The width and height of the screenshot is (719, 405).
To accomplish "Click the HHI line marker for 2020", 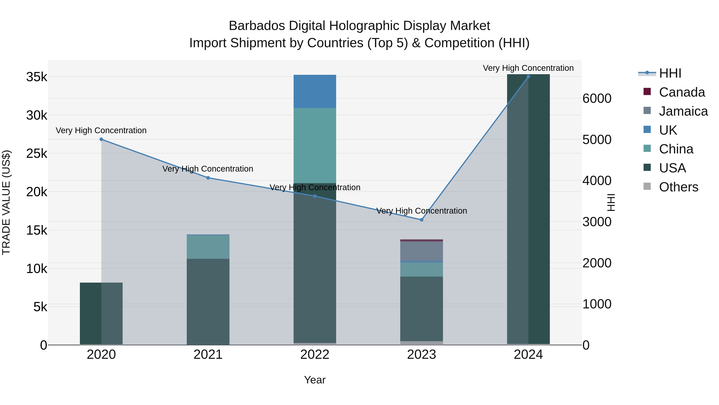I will click(101, 139).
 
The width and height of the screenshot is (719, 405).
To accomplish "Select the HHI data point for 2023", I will click(421, 220).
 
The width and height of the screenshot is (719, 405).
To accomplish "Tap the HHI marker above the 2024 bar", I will click(528, 77).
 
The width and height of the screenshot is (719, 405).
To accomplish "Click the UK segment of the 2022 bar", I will click(315, 91).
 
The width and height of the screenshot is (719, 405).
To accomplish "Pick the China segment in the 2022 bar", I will click(315, 145).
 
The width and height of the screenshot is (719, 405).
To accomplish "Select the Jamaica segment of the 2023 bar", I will click(421, 251).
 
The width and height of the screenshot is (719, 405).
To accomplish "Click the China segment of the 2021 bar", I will click(208, 247).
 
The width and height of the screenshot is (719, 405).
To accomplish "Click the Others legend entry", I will click(678, 187).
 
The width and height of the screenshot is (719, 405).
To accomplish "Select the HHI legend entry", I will click(670, 73).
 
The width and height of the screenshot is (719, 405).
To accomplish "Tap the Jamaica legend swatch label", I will click(683, 111).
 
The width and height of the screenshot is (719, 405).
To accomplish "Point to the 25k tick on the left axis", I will click(37, 153).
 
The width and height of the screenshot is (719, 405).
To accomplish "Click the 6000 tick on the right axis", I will click(597, 98).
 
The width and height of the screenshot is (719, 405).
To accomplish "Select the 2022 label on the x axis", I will click(315, 355).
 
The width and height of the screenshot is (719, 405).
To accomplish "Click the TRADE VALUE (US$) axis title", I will click(6, 202).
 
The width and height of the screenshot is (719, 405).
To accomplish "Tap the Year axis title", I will click(315, 380).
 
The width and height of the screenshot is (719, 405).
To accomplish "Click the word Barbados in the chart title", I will click(257, 26).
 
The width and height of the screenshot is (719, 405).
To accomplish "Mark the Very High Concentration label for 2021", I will click(208, 169).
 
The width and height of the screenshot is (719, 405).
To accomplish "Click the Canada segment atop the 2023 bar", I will click(421, 240).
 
